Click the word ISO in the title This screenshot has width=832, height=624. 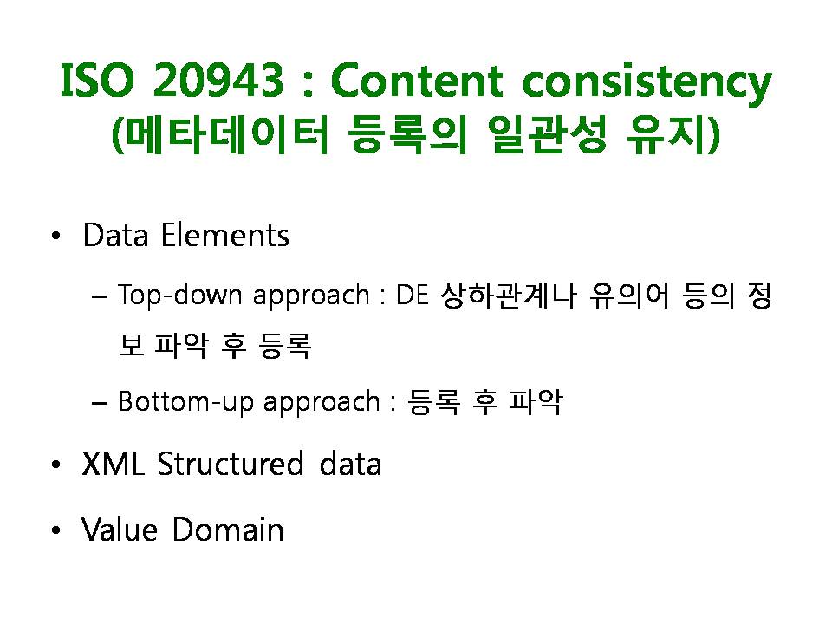click(98, 81)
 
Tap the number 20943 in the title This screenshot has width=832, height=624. click(218, 81)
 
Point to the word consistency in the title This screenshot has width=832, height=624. click(647, 84)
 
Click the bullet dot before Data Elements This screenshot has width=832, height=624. click(56, 237)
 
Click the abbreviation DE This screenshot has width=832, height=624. click(413, 295)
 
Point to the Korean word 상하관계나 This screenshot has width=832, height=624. click(509, 295)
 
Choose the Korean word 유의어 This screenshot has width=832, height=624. click(629, 295)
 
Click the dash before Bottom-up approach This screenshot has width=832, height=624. click(99, 403)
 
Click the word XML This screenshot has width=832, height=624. click(113, 464)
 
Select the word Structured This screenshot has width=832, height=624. click(230, 464)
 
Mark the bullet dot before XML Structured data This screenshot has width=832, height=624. click(56, 465)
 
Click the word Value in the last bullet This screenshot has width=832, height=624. click(120, 529)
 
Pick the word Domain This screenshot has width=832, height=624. click(228, 529)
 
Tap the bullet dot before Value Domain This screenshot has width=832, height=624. click(56, 530)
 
